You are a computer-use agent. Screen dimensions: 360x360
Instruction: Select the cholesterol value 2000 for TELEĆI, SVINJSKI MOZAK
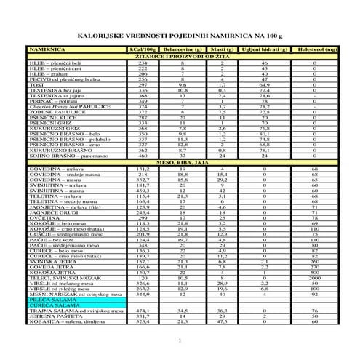click(314, 277)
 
